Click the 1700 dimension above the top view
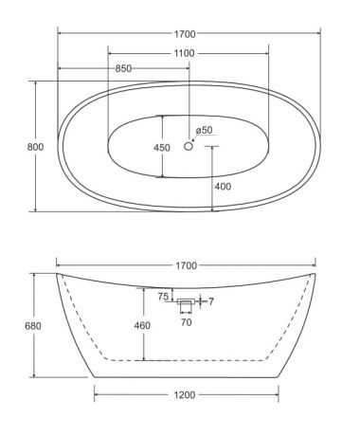click(185, 34)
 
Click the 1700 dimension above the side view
click(187, 265)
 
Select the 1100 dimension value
click(185, 53)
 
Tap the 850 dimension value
click(123, 68)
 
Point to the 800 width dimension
click(35, 147)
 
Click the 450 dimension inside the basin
click(162, 148)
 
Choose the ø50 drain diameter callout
click(204, 130)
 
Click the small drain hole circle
click(189, 146)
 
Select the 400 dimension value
click(223, 187)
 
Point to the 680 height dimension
click(33, 326)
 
